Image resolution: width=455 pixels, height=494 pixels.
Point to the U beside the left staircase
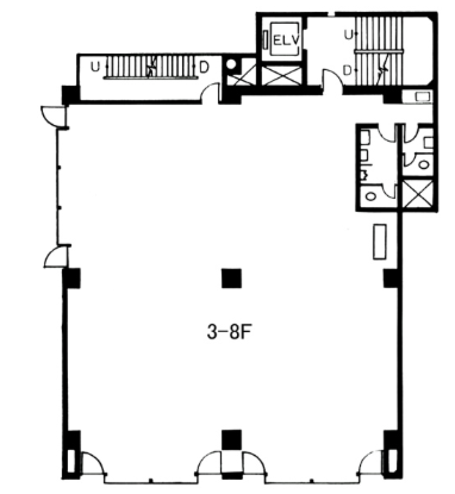point(95,67)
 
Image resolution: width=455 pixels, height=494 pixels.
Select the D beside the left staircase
point(204,67)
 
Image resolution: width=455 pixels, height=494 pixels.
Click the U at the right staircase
point(348,34)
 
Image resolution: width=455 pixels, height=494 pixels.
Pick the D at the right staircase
point(347,70)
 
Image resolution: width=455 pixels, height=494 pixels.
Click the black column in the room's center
point(231,278)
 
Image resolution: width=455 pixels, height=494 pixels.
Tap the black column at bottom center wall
point(231,440)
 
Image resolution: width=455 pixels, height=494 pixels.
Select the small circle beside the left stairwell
point(231,64)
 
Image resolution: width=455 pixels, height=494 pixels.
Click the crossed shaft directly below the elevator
point(281,75)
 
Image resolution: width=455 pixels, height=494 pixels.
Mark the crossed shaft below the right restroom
point(418,194)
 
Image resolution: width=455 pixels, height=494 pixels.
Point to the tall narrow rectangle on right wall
point(379,241)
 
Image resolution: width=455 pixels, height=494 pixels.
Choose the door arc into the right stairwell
point(332,79)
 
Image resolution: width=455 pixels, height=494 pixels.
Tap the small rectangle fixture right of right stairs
point(423,96)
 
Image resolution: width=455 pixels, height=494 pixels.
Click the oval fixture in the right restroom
point(424,164)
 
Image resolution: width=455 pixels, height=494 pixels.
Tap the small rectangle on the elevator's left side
point(265,39)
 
